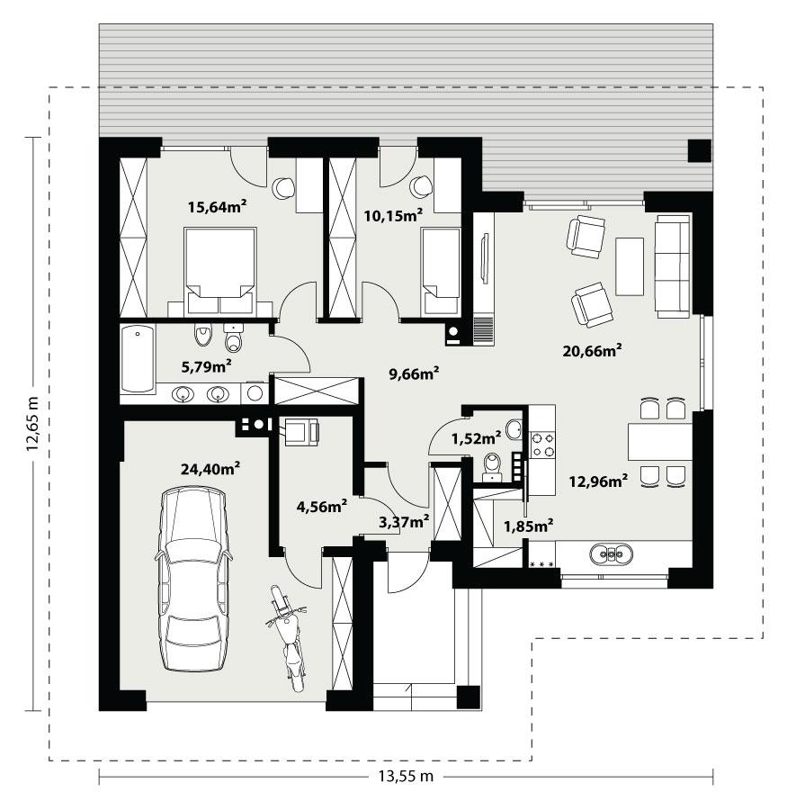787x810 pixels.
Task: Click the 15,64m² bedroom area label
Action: click(217, 207)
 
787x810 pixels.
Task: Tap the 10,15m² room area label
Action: click(393, 215)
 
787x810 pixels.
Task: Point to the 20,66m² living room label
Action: click(594, 351)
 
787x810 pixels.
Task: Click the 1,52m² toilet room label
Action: click(476, 438)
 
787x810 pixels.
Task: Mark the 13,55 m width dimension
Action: click(405, 776)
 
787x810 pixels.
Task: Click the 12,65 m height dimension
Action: click(33, 423)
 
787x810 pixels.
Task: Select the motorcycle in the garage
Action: click(287, 635)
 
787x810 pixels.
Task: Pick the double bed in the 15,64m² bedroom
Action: click(220, 262)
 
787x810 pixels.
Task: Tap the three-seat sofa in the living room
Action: click(673, 265)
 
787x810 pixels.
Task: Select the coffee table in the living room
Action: click(629, 266)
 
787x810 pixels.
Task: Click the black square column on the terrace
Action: click(699, 150)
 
